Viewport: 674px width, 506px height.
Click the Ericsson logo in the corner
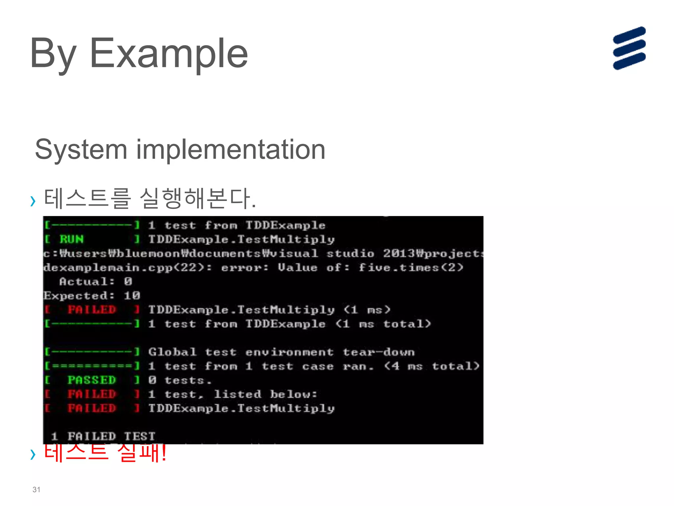point(629,48)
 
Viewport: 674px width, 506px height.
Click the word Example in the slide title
point(168,53)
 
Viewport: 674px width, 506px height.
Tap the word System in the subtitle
point(81,150)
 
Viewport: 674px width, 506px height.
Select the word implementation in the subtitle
point(231,150)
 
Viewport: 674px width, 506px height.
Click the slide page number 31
point(36,490)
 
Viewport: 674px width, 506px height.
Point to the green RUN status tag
point(72,239)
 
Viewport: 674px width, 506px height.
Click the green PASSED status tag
point(91,380)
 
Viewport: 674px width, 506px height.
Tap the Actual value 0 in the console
point(128,281)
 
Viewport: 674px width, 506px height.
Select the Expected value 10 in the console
point(132,295)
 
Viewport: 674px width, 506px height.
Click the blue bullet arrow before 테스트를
point(33,201)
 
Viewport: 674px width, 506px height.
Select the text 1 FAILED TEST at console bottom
point(103,436)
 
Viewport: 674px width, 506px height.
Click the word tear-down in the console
point(378,352)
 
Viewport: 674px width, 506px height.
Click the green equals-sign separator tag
point(92,366)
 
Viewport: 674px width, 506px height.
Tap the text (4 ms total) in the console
point(432,366)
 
